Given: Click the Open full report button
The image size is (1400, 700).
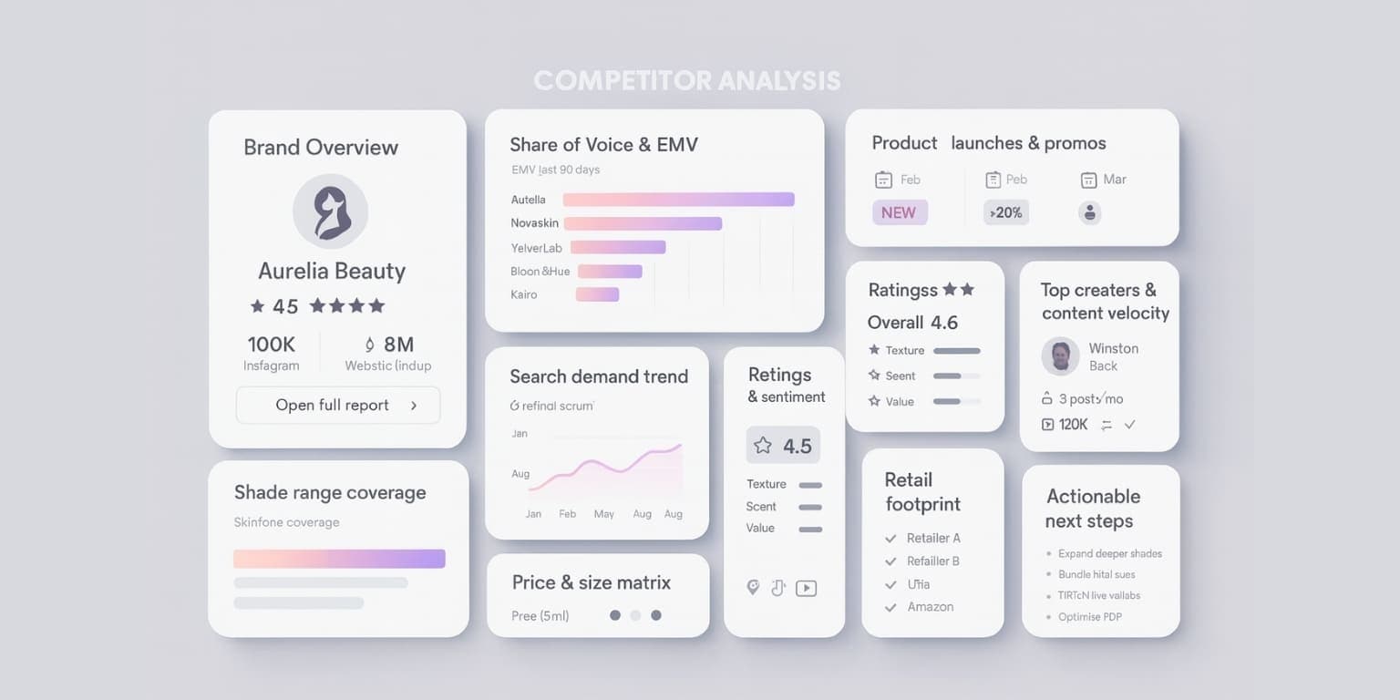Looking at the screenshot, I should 337,406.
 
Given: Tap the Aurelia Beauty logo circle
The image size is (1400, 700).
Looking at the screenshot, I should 330,211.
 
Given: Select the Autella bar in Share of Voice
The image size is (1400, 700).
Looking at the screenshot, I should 678,200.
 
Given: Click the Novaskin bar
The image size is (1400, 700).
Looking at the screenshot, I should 643,223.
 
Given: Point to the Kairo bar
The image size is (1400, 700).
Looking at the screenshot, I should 597,294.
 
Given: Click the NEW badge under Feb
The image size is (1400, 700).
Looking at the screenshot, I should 899,212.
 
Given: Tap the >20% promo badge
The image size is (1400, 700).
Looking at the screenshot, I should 1005,212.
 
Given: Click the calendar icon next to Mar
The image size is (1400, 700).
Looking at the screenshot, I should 1088,180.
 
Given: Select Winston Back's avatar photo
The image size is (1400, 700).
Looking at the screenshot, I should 1060,356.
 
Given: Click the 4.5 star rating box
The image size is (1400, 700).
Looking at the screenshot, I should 783,446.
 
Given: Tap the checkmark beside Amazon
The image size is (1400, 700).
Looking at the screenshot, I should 890,607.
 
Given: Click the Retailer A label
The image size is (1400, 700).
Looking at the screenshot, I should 933,538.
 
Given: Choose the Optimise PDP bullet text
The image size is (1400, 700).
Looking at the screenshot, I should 1089,617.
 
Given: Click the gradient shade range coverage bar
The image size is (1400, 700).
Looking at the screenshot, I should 339,559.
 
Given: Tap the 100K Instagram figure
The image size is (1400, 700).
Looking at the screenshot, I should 272,345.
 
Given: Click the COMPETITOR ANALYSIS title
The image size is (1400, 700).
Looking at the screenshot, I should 686,81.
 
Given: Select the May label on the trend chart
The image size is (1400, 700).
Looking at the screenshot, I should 603,514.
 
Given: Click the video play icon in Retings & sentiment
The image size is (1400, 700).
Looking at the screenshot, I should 806,589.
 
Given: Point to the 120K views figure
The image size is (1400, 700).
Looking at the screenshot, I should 1073,425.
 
